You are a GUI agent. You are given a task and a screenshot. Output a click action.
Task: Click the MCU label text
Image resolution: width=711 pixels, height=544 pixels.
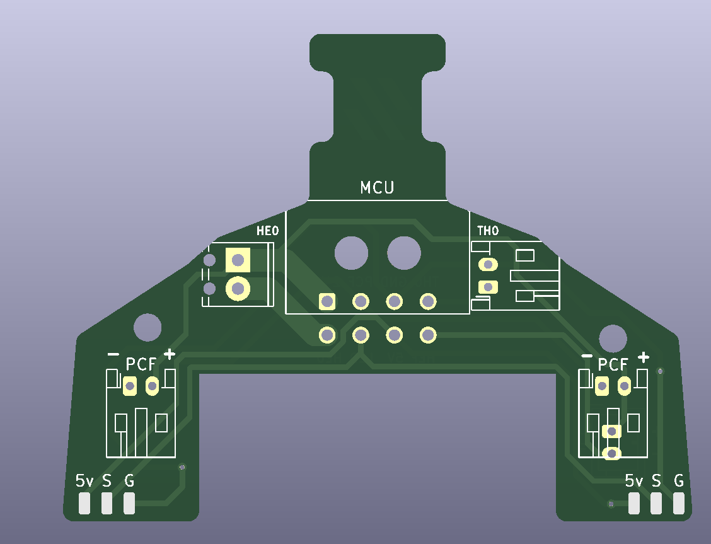(x=377, y=187)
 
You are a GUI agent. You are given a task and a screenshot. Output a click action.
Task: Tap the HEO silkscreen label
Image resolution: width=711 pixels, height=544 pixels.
(x=267, y=231)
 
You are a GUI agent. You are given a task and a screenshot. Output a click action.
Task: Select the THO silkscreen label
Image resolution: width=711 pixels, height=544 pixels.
(x=488, y=231)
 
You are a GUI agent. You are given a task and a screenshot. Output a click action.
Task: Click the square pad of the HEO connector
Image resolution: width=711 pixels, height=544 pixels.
(x=238, y=260)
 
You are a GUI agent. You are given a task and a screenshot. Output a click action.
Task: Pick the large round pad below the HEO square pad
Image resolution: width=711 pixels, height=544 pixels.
(x=238, y=289)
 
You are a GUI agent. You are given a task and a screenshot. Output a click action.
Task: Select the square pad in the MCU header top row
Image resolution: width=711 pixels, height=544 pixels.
(x=327, y=302)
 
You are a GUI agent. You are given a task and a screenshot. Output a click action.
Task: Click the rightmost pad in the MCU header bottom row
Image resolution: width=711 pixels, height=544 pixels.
(x=428, y=335)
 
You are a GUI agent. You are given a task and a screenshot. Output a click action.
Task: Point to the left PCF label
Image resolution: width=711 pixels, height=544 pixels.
(x=141, y=364)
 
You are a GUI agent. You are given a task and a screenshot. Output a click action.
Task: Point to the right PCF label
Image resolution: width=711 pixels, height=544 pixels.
(x=613, y=364)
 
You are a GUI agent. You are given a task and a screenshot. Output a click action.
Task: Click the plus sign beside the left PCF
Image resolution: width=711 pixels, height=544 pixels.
(x=169, y=354)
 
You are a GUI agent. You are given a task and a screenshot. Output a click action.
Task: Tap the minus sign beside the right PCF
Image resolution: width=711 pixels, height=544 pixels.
(x=587, y=356)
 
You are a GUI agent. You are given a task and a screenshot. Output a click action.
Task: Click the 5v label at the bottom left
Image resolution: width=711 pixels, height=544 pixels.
(x=84, y=482)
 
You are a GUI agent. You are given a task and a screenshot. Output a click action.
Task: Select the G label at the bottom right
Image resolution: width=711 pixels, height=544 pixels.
(x=679, y=482)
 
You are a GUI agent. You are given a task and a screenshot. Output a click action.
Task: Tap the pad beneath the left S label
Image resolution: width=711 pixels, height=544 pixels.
(x=107, y=503)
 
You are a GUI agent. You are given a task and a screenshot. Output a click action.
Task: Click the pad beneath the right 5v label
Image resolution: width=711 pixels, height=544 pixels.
(x=634, y=503)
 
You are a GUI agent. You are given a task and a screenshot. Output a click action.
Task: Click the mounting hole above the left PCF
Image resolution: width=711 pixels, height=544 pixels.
(x=147, y=327)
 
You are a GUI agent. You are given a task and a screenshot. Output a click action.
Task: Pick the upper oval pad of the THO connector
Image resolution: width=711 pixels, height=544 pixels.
(x=488, y=265)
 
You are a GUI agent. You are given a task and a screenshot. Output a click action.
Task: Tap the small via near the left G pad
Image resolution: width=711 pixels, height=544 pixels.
(x=182, y=467)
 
